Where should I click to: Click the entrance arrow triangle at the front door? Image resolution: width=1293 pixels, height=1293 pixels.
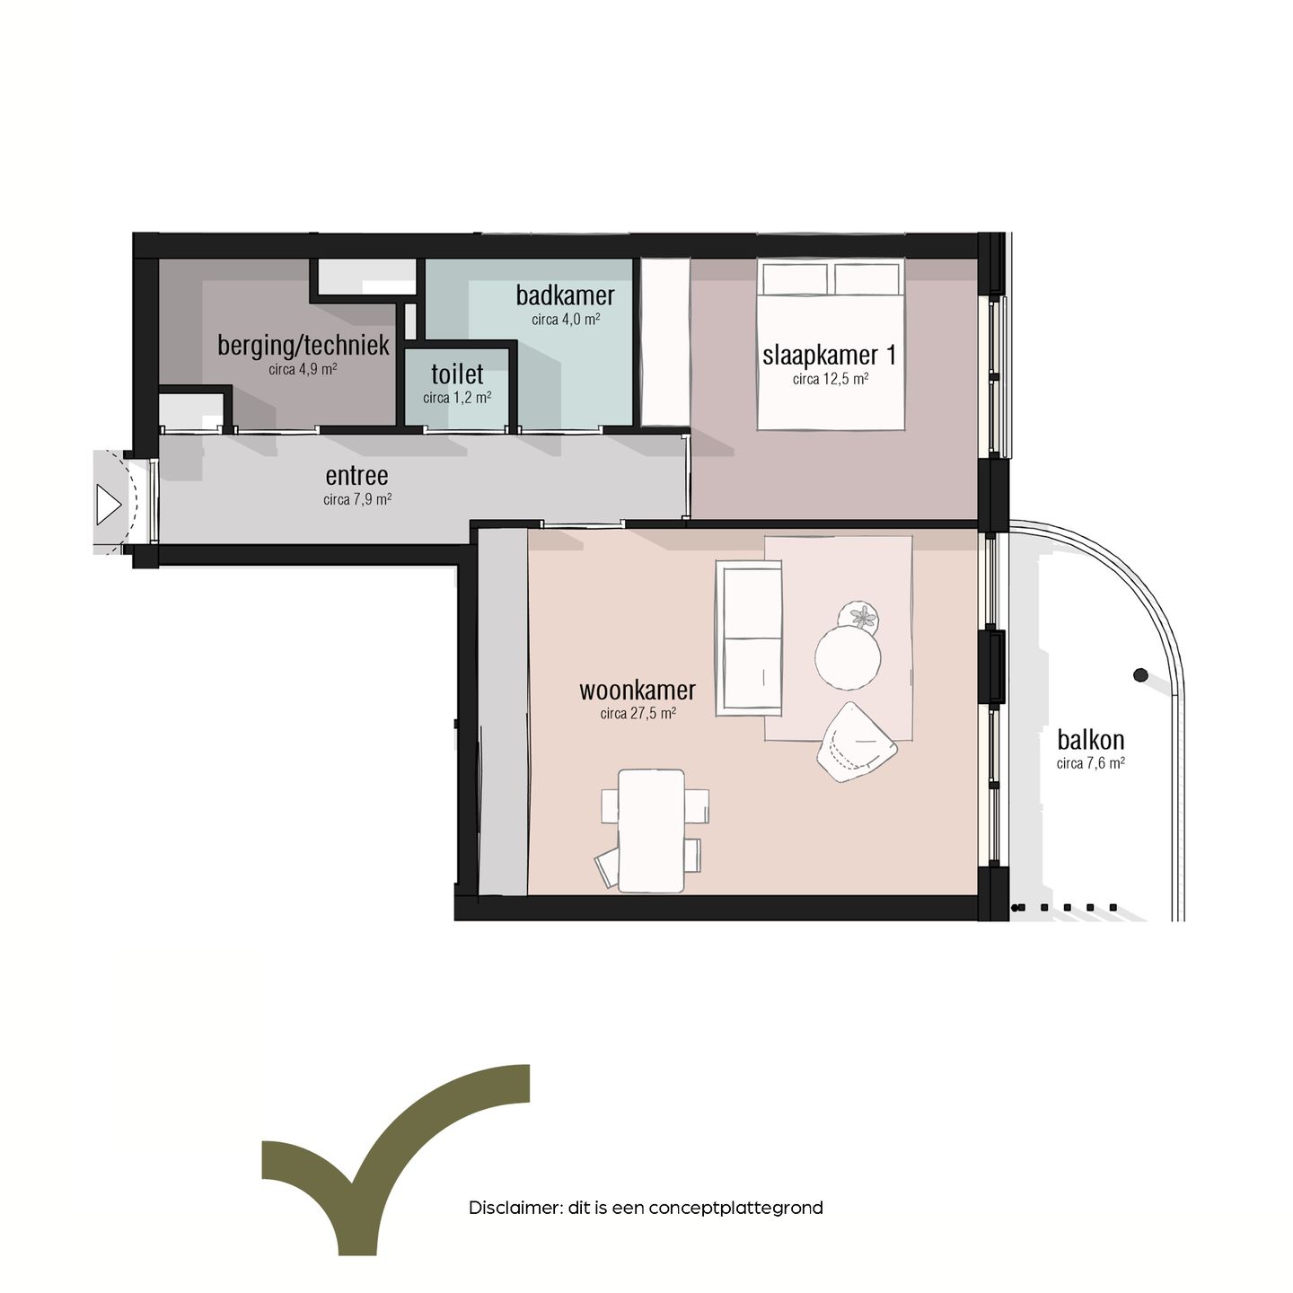[108, 505]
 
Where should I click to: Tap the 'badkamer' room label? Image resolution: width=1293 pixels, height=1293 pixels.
[565, 295]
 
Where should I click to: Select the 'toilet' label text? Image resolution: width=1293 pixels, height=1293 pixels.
[457, 374]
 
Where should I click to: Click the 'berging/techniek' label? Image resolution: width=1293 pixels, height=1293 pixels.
[303, 346]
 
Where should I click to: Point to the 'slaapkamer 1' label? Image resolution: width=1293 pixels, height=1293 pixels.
[829, 356]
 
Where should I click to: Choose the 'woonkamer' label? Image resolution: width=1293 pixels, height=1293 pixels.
[638, 690]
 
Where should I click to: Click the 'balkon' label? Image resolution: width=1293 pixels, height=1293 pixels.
[1090, 740]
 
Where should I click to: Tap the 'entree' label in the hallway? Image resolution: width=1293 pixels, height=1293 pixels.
[356, 476]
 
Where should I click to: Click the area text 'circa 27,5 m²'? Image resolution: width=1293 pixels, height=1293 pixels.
[638, 714]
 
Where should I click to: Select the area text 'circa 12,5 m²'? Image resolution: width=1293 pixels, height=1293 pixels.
[830, 379]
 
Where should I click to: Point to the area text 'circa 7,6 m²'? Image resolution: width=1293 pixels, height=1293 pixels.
[1090, 763]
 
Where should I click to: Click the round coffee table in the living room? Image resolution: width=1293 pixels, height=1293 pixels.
[848, 657]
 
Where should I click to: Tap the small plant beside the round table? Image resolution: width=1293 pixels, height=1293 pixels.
[858, 617]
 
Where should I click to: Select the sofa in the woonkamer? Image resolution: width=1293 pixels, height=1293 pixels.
[749, 638]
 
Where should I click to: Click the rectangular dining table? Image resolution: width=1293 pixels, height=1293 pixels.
[651, 831]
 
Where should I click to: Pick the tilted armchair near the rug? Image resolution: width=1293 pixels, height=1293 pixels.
[855, 742]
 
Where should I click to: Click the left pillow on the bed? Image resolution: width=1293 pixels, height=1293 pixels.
[794, 278]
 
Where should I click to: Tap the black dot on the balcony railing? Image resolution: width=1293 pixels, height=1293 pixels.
[1140, 675]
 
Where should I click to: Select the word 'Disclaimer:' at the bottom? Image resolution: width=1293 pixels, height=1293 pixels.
[515, 1208]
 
